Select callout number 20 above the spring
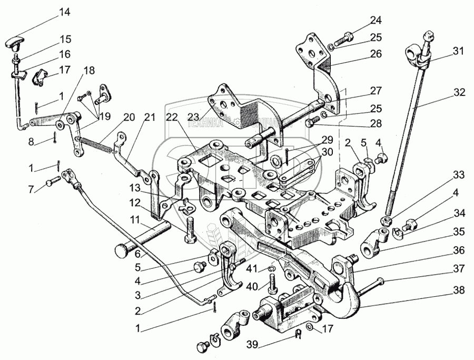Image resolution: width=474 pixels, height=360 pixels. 129,118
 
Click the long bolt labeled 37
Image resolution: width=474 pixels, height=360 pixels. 375,286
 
